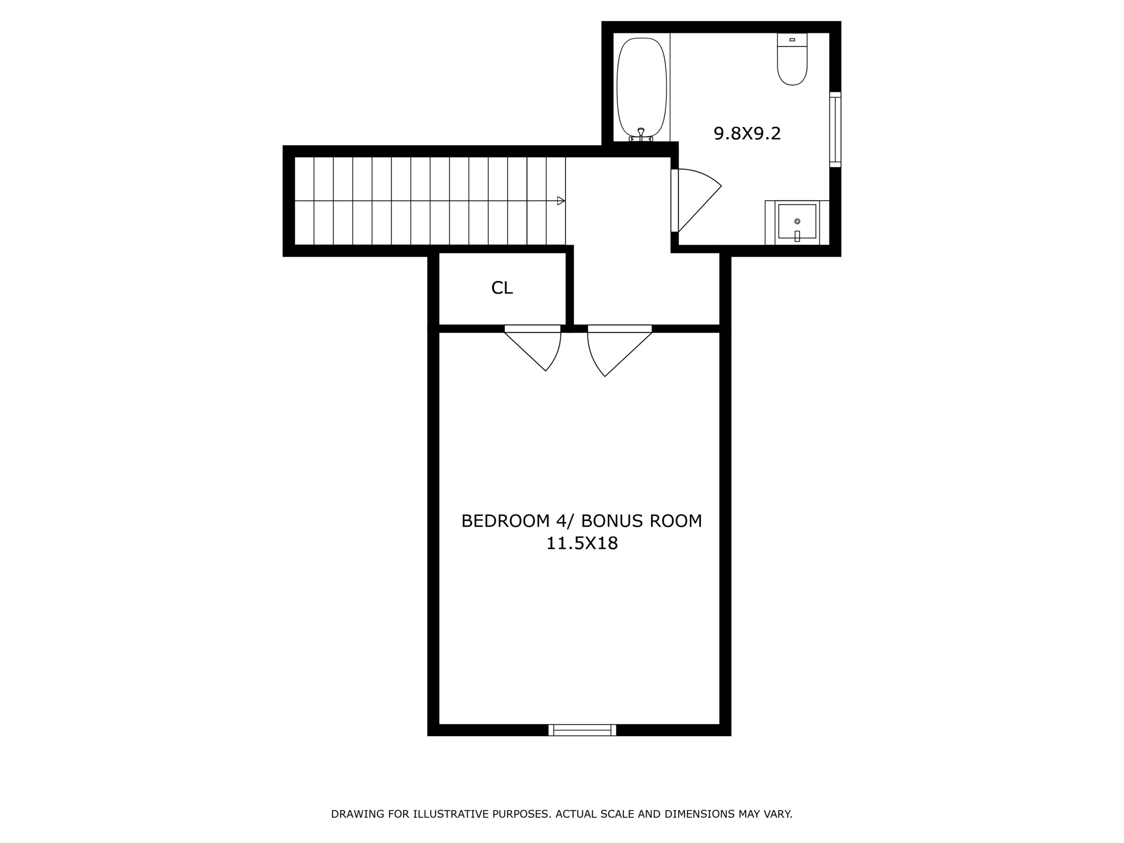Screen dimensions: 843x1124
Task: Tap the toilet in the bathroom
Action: pyautogui.click(x=792, y=65)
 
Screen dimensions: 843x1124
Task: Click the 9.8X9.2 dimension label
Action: pyautogui.click(x=747, y=133)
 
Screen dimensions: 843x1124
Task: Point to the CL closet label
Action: pyautogui.click(x=502, y=288)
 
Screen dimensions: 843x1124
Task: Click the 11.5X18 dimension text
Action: pyautogui.click(x=582, y=544)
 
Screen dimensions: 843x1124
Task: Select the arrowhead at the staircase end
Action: pyautogui.click(x=561, y=201)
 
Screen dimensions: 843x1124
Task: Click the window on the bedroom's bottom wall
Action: pyautogui.click(x=582, y=730)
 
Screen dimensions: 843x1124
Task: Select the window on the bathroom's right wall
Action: pyautogui.click(x=835, y=130)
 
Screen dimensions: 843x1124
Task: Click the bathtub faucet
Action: pyautogui.click(x=641, y=133)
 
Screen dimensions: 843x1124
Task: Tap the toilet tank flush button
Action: pyautogui.click(x=792, y=40)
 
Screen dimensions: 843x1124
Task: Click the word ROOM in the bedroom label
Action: pyautogui.click(x=679, y=521)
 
